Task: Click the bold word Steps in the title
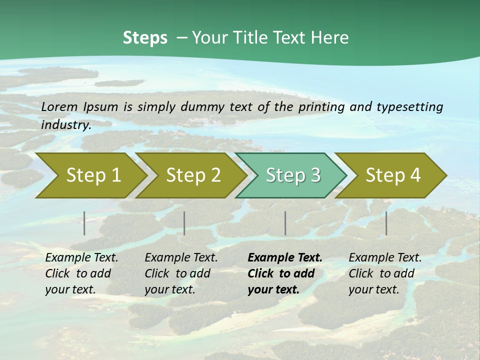click(145, 38)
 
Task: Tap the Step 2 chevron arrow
click(193, 175)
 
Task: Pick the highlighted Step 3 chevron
click(293, 175)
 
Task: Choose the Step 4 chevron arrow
click(393, 175)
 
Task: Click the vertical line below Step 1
click(84, 223)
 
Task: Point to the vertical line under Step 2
click(184, 223)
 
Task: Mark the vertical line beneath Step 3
click(285, 223)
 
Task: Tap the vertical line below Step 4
click(386, 223)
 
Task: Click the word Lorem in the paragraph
click(59, 106)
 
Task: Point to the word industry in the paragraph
click(66, 124)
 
